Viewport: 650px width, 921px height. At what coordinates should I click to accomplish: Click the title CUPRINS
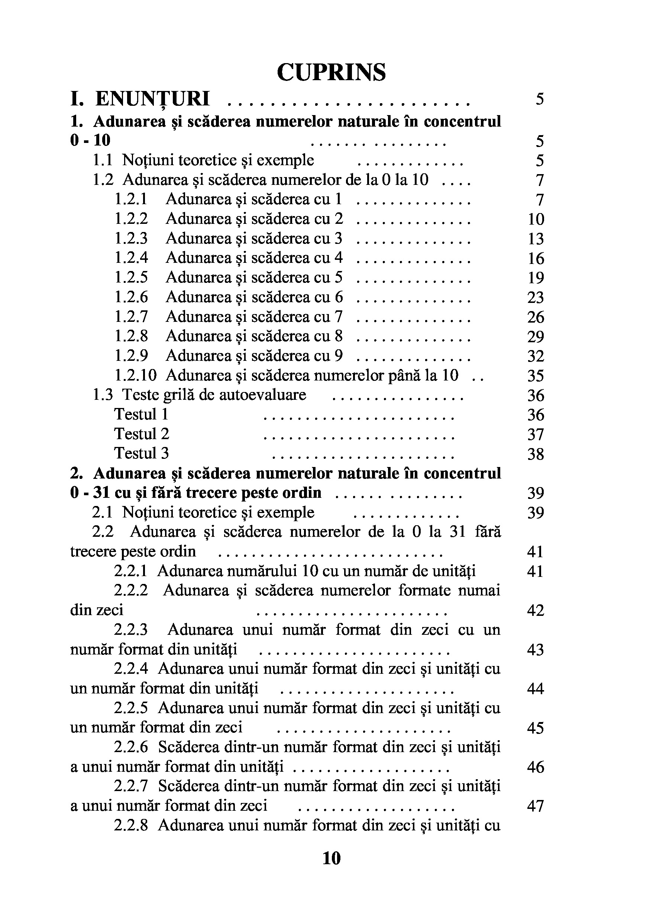click(331, 72)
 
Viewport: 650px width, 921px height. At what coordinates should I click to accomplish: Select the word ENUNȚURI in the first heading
click(153, 99)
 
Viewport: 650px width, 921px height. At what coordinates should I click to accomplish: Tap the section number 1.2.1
click(131, 199)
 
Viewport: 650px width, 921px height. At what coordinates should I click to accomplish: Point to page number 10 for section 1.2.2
click(536, 219)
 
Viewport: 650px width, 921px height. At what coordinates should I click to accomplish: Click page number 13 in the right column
click(536, 239)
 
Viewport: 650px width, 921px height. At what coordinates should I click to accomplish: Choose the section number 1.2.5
click(131, 277)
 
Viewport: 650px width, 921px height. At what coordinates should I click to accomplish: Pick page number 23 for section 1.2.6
click(536, 297)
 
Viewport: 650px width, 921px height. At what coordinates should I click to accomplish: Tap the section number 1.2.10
click(135, 375)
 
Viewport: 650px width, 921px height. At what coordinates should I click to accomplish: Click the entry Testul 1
click(141, 414)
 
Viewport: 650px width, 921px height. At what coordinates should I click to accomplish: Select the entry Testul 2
click(142, 434)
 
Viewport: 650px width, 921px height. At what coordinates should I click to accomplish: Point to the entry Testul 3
click(142, 453)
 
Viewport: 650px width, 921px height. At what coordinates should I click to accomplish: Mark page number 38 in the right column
click(536, 454)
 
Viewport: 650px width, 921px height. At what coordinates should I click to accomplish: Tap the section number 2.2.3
click(131, 629)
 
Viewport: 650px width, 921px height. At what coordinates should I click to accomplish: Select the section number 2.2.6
click(131, 747)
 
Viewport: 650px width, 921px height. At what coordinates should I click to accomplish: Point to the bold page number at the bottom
click(332, 858)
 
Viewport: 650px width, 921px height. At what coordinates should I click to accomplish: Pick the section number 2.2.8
click(131, 825)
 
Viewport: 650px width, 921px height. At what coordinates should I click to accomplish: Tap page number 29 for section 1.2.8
click(536, 337)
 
